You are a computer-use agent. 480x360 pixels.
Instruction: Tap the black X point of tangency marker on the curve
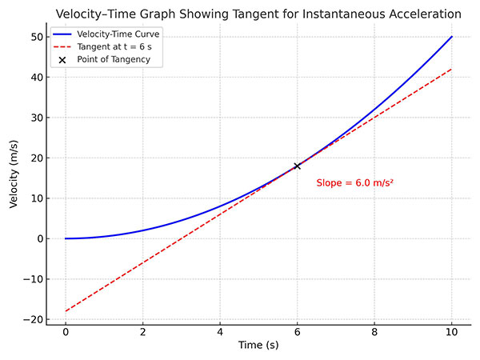[298, 166]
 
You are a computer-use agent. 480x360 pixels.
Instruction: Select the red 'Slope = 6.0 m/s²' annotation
[354, 183]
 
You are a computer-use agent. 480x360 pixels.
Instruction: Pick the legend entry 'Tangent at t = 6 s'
[120, 47]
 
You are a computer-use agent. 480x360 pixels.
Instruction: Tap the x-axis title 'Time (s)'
[258, 345]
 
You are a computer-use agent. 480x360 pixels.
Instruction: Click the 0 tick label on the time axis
[66, 331]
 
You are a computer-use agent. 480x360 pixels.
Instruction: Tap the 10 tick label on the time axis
[452, 331]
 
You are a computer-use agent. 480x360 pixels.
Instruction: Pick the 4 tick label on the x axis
[220, 331]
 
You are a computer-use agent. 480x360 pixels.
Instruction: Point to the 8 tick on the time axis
[374, 331]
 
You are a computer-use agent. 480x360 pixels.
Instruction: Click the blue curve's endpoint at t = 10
[452, 37]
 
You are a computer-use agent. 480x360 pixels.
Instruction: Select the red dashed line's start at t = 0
[66, 310]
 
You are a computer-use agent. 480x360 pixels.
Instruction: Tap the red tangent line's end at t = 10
[452, 69]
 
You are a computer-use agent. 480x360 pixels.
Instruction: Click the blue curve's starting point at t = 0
[66, 238]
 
